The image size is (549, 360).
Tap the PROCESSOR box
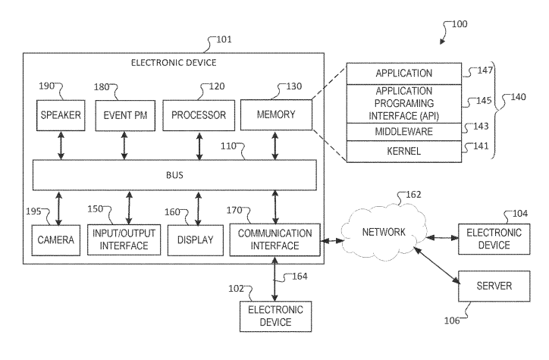[199, 115]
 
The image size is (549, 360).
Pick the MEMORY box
[275, 115]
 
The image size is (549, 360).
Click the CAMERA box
[56, 240]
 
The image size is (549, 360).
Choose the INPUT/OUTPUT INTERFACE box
[124, 239]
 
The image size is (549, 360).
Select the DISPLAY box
[196, 240]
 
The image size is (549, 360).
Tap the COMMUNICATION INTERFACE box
[274, 239]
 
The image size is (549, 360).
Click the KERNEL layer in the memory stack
[403, 151]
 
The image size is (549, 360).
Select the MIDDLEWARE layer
[403, 131]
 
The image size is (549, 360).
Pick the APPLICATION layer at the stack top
[403, 74]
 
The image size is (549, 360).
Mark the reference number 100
[460, 23]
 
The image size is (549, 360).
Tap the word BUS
[175, 175]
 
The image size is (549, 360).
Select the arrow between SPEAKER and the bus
[61, 146]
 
